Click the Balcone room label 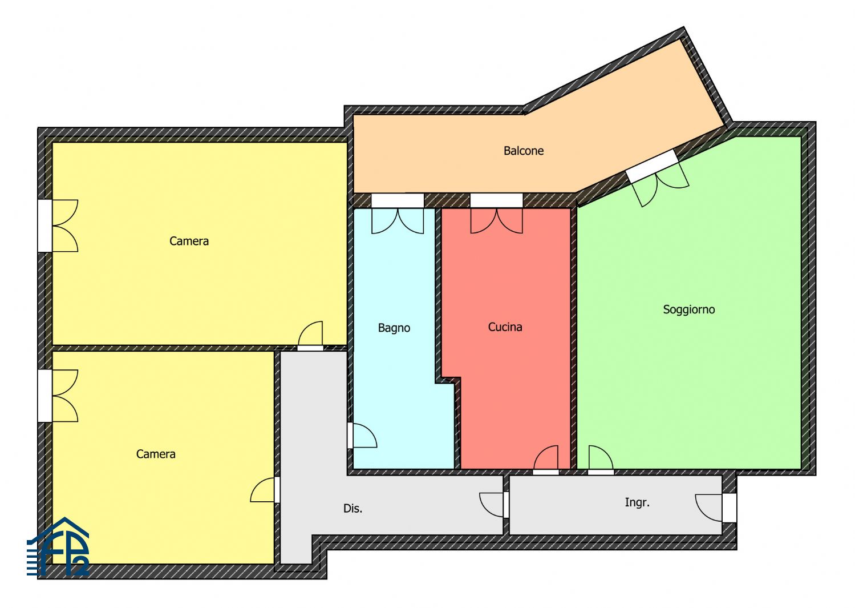[523, 151]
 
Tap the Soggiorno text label [688, 309]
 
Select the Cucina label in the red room [505, 327]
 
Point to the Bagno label [394, 328]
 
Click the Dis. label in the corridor [352, 508]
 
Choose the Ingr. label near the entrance [637, 502]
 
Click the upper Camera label [189, 241]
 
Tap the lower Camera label [156, 454]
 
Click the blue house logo [58, 547]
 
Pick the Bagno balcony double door [398, 214]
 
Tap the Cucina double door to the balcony [497, 214]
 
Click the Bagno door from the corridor [362, 435]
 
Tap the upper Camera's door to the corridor [310, 336]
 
